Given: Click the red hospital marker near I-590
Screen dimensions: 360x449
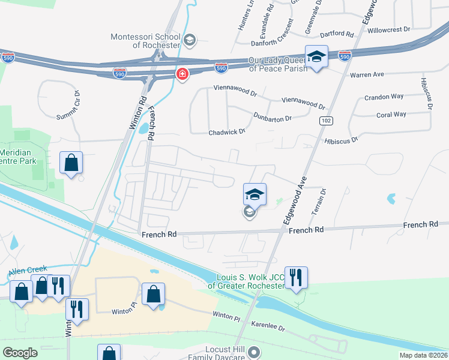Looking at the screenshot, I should pyautogui.click(x=181, y=74).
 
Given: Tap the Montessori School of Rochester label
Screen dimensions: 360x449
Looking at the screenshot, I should pyautogui.click(x=146, y=41).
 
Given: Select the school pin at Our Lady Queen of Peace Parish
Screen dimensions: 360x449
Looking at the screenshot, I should pyautogui.click(x=316, y=57).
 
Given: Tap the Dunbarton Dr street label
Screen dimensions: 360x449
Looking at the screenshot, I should pyautogui.click(x=272, y=117).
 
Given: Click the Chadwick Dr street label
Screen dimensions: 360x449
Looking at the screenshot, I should pyautogui.click(x=228, y=131).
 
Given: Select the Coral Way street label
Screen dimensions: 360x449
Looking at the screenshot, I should pyautogui.click(x=391, y=114).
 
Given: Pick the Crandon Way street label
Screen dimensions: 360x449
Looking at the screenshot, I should pyautogui.click(x=384, y=97).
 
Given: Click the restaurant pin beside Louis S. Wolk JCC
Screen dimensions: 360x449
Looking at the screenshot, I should pyautogui.click(x=296, y=277).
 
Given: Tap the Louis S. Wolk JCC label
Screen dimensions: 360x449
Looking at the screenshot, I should pyautogui.click(x=246, y=281).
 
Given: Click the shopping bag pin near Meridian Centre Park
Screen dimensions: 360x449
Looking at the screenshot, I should pyautogui.click(x=71, y=163).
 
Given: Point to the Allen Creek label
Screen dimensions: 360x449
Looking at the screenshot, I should pyautogui.click(x=28, y=271).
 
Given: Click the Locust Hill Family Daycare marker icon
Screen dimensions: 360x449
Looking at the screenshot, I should pyautogui.click(x=254, y=352).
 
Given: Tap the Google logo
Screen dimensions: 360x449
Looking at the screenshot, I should pyautogui.click(x=20, y=353).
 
